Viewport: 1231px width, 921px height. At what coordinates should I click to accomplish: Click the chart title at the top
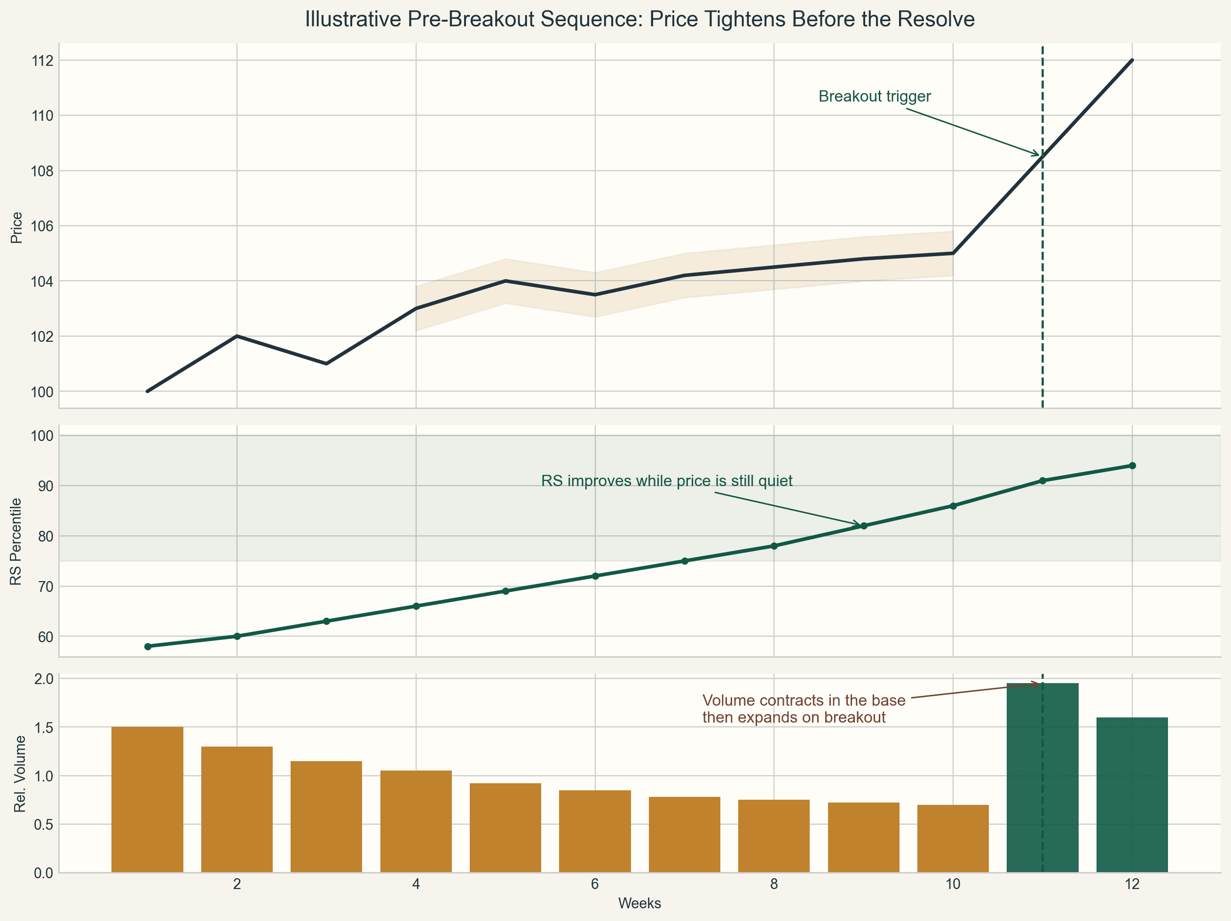(x=639, y=19)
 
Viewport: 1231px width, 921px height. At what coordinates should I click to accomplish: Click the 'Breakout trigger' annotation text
(x=874, y=96)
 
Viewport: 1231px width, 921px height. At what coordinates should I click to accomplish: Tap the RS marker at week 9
(x=864, y=526)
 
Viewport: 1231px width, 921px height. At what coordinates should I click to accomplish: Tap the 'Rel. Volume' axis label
(x=20, y=773)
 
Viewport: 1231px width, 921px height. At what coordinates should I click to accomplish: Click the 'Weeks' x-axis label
(x=639, y=903)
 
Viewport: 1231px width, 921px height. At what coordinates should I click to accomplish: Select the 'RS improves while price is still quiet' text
(x=666, y=481)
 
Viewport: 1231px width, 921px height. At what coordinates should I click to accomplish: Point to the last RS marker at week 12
(x=1132, y=465)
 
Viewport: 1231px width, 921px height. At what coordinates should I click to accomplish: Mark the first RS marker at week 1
(x=148, y=646)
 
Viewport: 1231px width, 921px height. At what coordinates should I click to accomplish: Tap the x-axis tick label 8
(x=774, y=884)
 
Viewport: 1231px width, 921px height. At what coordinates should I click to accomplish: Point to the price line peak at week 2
(x=237, y=336)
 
